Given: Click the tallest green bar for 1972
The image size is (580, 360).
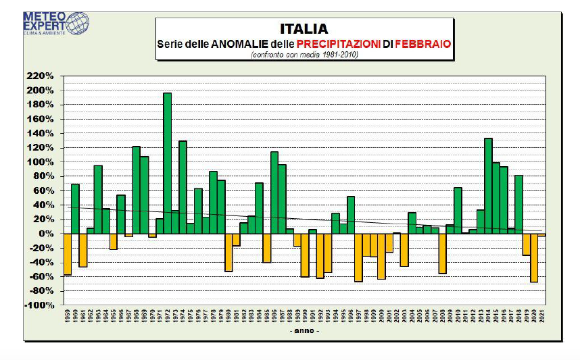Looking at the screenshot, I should click(167, 163).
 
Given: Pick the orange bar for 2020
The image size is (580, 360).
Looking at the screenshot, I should click(534, 257).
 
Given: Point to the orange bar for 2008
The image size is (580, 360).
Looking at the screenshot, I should click(442, 253).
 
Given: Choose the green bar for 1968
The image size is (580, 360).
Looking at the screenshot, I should click(136, 190).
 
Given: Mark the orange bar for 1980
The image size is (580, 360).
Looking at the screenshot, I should click(228, 252).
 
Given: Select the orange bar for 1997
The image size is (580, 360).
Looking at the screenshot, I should click(358, 257).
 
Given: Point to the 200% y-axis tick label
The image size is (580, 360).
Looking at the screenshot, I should click(40, 91).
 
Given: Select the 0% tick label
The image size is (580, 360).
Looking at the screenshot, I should click(46, 234).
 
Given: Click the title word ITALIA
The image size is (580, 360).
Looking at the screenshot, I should click(304, 29).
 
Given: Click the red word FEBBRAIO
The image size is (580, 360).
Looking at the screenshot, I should click(422, 44).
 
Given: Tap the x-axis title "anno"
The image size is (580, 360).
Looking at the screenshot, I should click(304, 331).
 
